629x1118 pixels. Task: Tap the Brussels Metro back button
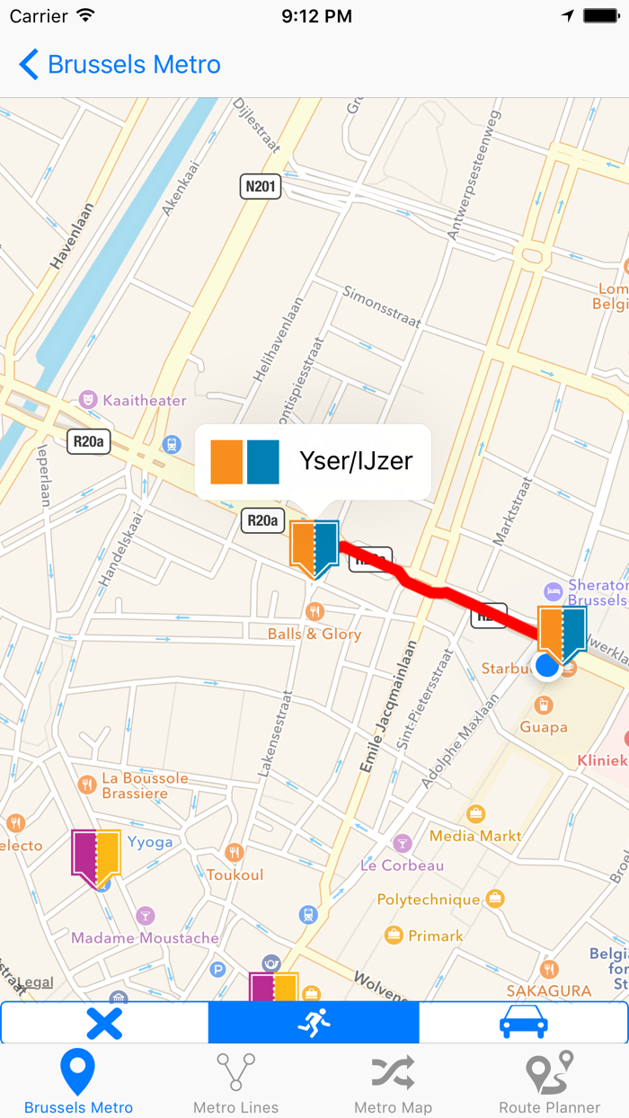(x=120, y=65)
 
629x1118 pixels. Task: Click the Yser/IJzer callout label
(x=355, y=461)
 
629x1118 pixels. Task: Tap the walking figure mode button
(x=314, y=1023)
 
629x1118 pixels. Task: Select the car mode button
(x=523, y=1023)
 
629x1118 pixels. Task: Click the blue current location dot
(x=546, y=666)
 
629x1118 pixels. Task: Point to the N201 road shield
(x=261, y=187)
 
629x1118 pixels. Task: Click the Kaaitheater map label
(x=144, y=400)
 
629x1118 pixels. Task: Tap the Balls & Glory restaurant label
(x=314, y=634)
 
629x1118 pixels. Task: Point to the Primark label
(x=436, y=936)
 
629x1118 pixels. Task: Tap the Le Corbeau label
(x=402, y=865)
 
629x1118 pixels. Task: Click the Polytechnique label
(x=429, y=899)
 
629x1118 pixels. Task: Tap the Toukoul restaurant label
(x=235, y=874)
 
